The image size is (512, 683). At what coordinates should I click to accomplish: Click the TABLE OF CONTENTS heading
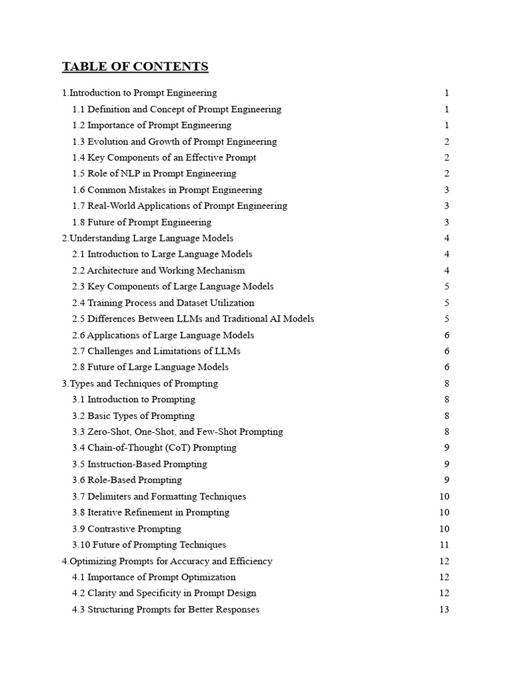[x=135, y=67]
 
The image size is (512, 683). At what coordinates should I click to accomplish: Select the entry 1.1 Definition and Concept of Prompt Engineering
[x=177, y=109]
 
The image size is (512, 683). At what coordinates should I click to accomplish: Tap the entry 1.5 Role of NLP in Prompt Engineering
[x=154, y=174]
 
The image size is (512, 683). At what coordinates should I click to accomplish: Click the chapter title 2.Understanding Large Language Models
[x=147, y=238]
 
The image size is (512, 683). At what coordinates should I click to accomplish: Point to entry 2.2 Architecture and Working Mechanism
[x=159, y=271]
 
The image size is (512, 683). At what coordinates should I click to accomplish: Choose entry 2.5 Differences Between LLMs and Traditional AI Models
[x=193, y=319]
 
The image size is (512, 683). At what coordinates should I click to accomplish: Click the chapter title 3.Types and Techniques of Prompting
[x=140, y=384]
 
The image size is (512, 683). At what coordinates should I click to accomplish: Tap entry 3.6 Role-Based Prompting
[x=127, y=480]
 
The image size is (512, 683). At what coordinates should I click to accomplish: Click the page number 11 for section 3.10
[x=445, y=545]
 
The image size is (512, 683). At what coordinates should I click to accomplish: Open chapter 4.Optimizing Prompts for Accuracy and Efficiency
[x=167, y=561]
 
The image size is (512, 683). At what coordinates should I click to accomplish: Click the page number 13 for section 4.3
[x=445, y=610]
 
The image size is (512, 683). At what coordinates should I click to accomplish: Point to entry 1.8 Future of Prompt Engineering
[x=141, y=222]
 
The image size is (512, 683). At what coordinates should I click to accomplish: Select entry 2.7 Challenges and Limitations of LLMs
[x=156, y=352]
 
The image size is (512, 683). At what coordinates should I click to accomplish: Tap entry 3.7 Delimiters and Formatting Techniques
[x=159, y=496]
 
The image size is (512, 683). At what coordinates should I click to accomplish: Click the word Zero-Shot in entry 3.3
[x=109, y=432]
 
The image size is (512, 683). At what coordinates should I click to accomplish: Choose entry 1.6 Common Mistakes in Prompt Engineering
[x=167, y=190]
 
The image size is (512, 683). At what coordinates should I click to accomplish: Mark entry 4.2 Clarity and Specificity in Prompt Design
[x=164, y=594]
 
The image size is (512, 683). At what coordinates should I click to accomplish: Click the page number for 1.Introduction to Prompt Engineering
[x=447, y=93]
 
